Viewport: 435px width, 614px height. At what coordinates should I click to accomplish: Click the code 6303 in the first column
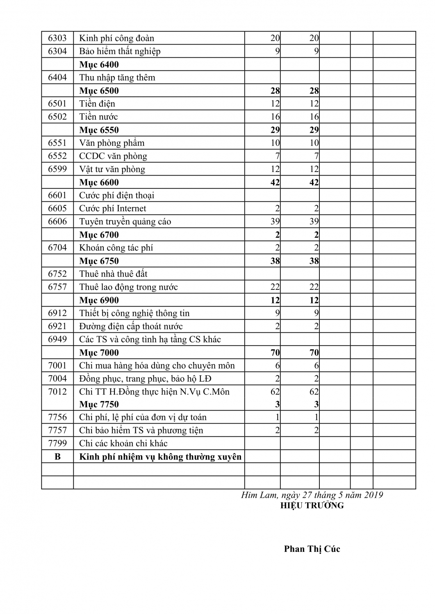57,38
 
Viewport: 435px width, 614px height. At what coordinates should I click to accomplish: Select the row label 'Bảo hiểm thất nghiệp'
120,51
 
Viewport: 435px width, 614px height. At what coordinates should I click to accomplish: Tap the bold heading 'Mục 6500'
99,90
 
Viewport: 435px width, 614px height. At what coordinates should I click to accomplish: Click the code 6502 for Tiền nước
57,117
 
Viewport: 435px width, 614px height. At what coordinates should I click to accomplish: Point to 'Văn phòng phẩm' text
112,143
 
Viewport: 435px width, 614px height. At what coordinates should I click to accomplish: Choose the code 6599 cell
57,169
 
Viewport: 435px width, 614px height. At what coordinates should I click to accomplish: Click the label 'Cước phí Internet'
112,208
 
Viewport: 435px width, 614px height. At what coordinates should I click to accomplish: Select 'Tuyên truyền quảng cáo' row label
125,221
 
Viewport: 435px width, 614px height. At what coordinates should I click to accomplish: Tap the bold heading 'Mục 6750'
99,261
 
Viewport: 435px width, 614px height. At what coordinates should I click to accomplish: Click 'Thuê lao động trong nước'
128,287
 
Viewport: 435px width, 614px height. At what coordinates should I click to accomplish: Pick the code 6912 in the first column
57,313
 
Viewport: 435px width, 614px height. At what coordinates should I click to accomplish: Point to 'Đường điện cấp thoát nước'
131,326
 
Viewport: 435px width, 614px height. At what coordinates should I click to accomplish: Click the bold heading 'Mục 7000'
99,352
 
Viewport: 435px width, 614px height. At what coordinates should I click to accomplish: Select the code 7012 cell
57,392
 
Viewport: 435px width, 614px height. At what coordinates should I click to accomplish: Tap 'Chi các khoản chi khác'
123,443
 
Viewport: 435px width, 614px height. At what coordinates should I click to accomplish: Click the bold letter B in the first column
57,456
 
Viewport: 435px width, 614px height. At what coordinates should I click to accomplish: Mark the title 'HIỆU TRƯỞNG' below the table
312,506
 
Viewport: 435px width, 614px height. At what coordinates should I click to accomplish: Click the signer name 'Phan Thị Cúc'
312,549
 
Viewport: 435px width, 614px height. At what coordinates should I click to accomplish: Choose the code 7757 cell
57,430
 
